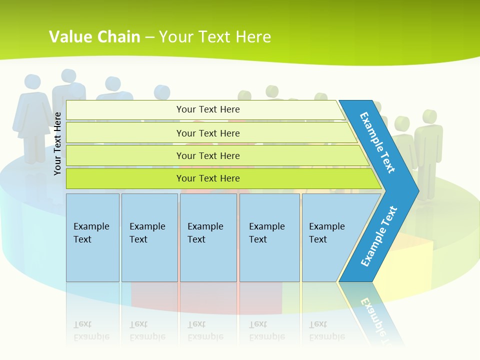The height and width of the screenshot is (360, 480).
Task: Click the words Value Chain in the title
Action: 94,36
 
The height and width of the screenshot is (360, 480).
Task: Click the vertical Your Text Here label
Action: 57,143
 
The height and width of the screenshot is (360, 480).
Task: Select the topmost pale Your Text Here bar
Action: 208,109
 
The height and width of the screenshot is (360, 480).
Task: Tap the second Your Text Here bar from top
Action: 208,133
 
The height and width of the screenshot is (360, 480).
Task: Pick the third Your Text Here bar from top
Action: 208,155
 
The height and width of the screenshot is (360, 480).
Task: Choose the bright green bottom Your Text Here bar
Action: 208,178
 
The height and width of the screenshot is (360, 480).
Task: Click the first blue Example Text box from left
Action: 92,237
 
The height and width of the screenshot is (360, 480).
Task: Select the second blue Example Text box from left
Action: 149,237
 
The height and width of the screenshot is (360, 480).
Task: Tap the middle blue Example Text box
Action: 208,237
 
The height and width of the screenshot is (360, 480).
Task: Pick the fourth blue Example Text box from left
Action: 269,237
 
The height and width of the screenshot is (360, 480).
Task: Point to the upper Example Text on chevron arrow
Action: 378,143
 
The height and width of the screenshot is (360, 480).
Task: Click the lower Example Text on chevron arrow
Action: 379,236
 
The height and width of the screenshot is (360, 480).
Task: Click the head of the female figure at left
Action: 32,82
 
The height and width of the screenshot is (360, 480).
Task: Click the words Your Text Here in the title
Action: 215,36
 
